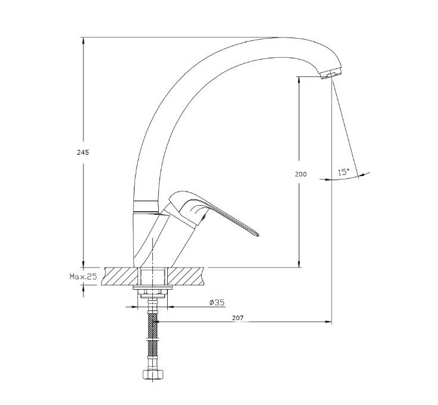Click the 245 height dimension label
pos(83,152)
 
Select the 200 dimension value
pos(301,174)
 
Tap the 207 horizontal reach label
pos(237,318)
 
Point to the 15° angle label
pos(343,172)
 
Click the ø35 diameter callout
pos(217,302)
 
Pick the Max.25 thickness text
pos(83,277)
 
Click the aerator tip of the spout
pos(331,74)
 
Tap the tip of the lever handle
pos(258,235)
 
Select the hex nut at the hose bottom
pos(153,374)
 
